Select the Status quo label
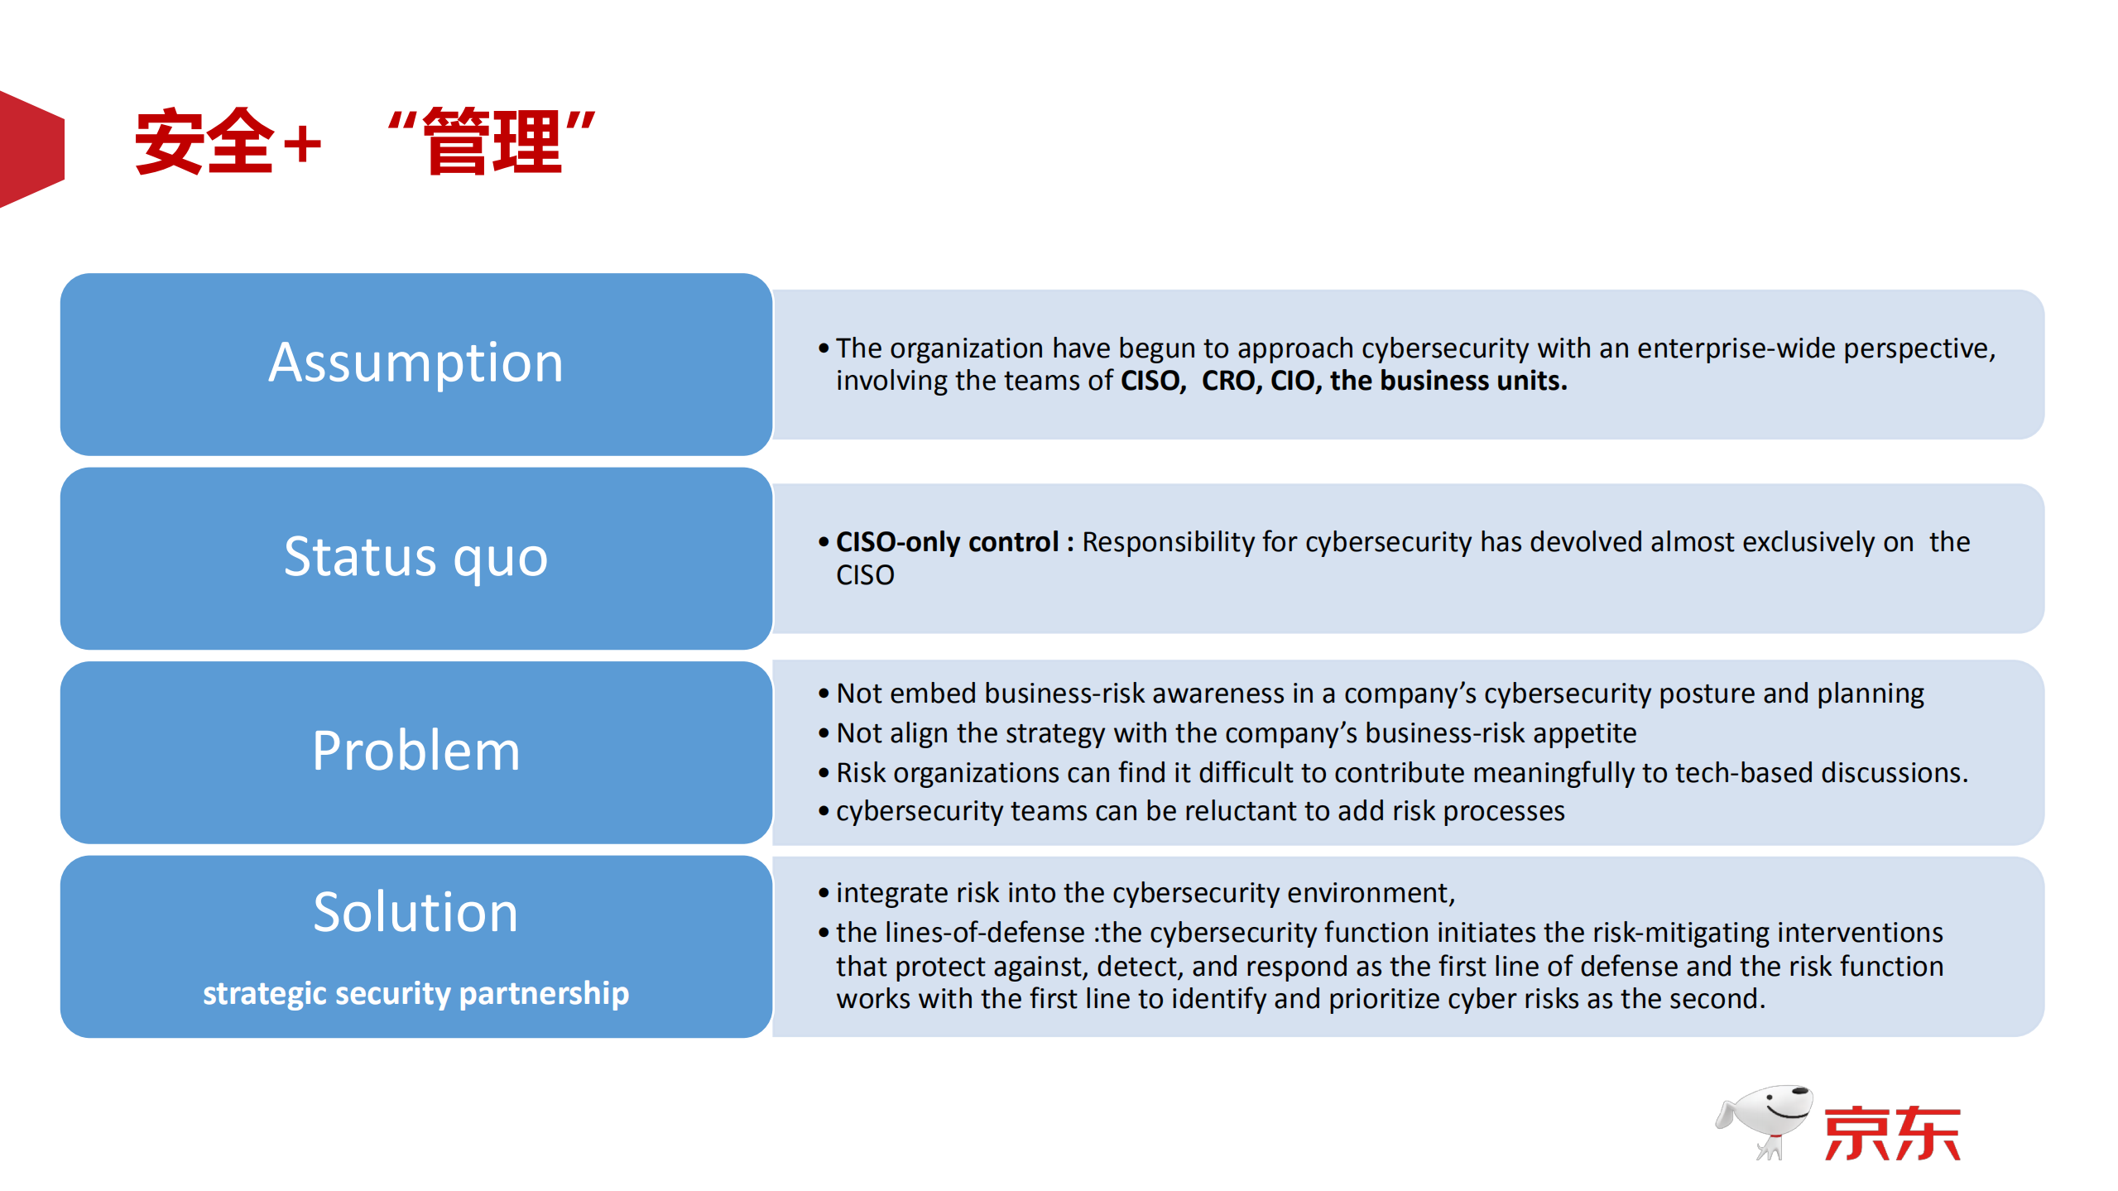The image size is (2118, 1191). pos(415,557)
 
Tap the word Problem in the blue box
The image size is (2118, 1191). pos(415,751)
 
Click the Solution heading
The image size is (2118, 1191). pos(415,912)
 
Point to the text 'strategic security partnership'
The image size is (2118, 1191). pos(415,993)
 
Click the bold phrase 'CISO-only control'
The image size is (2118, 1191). pos(947,542)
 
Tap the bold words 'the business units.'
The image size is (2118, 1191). pos(1448,381)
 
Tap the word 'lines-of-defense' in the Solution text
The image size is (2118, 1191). pos(985,933)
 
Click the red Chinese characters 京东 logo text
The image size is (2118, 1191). pos(1892,1133)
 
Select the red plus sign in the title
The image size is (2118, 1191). pos(302,144)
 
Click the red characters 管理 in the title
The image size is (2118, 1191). pos(492,142)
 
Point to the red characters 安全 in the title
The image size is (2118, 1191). pos(204,142)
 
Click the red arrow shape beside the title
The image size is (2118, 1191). pos(31,149)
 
